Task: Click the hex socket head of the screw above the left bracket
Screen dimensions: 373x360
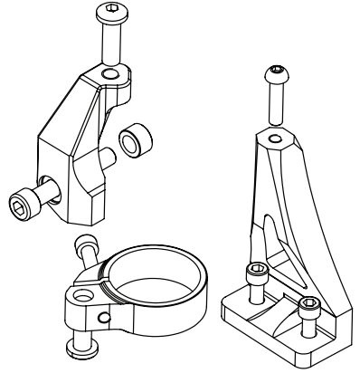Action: click(x=108, y=14)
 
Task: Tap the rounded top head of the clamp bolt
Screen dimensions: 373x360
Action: click(x=87, y=243)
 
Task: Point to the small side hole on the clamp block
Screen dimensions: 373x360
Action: click(x=106, y=316)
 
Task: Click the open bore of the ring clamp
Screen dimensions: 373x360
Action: click(x=154, y=267)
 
